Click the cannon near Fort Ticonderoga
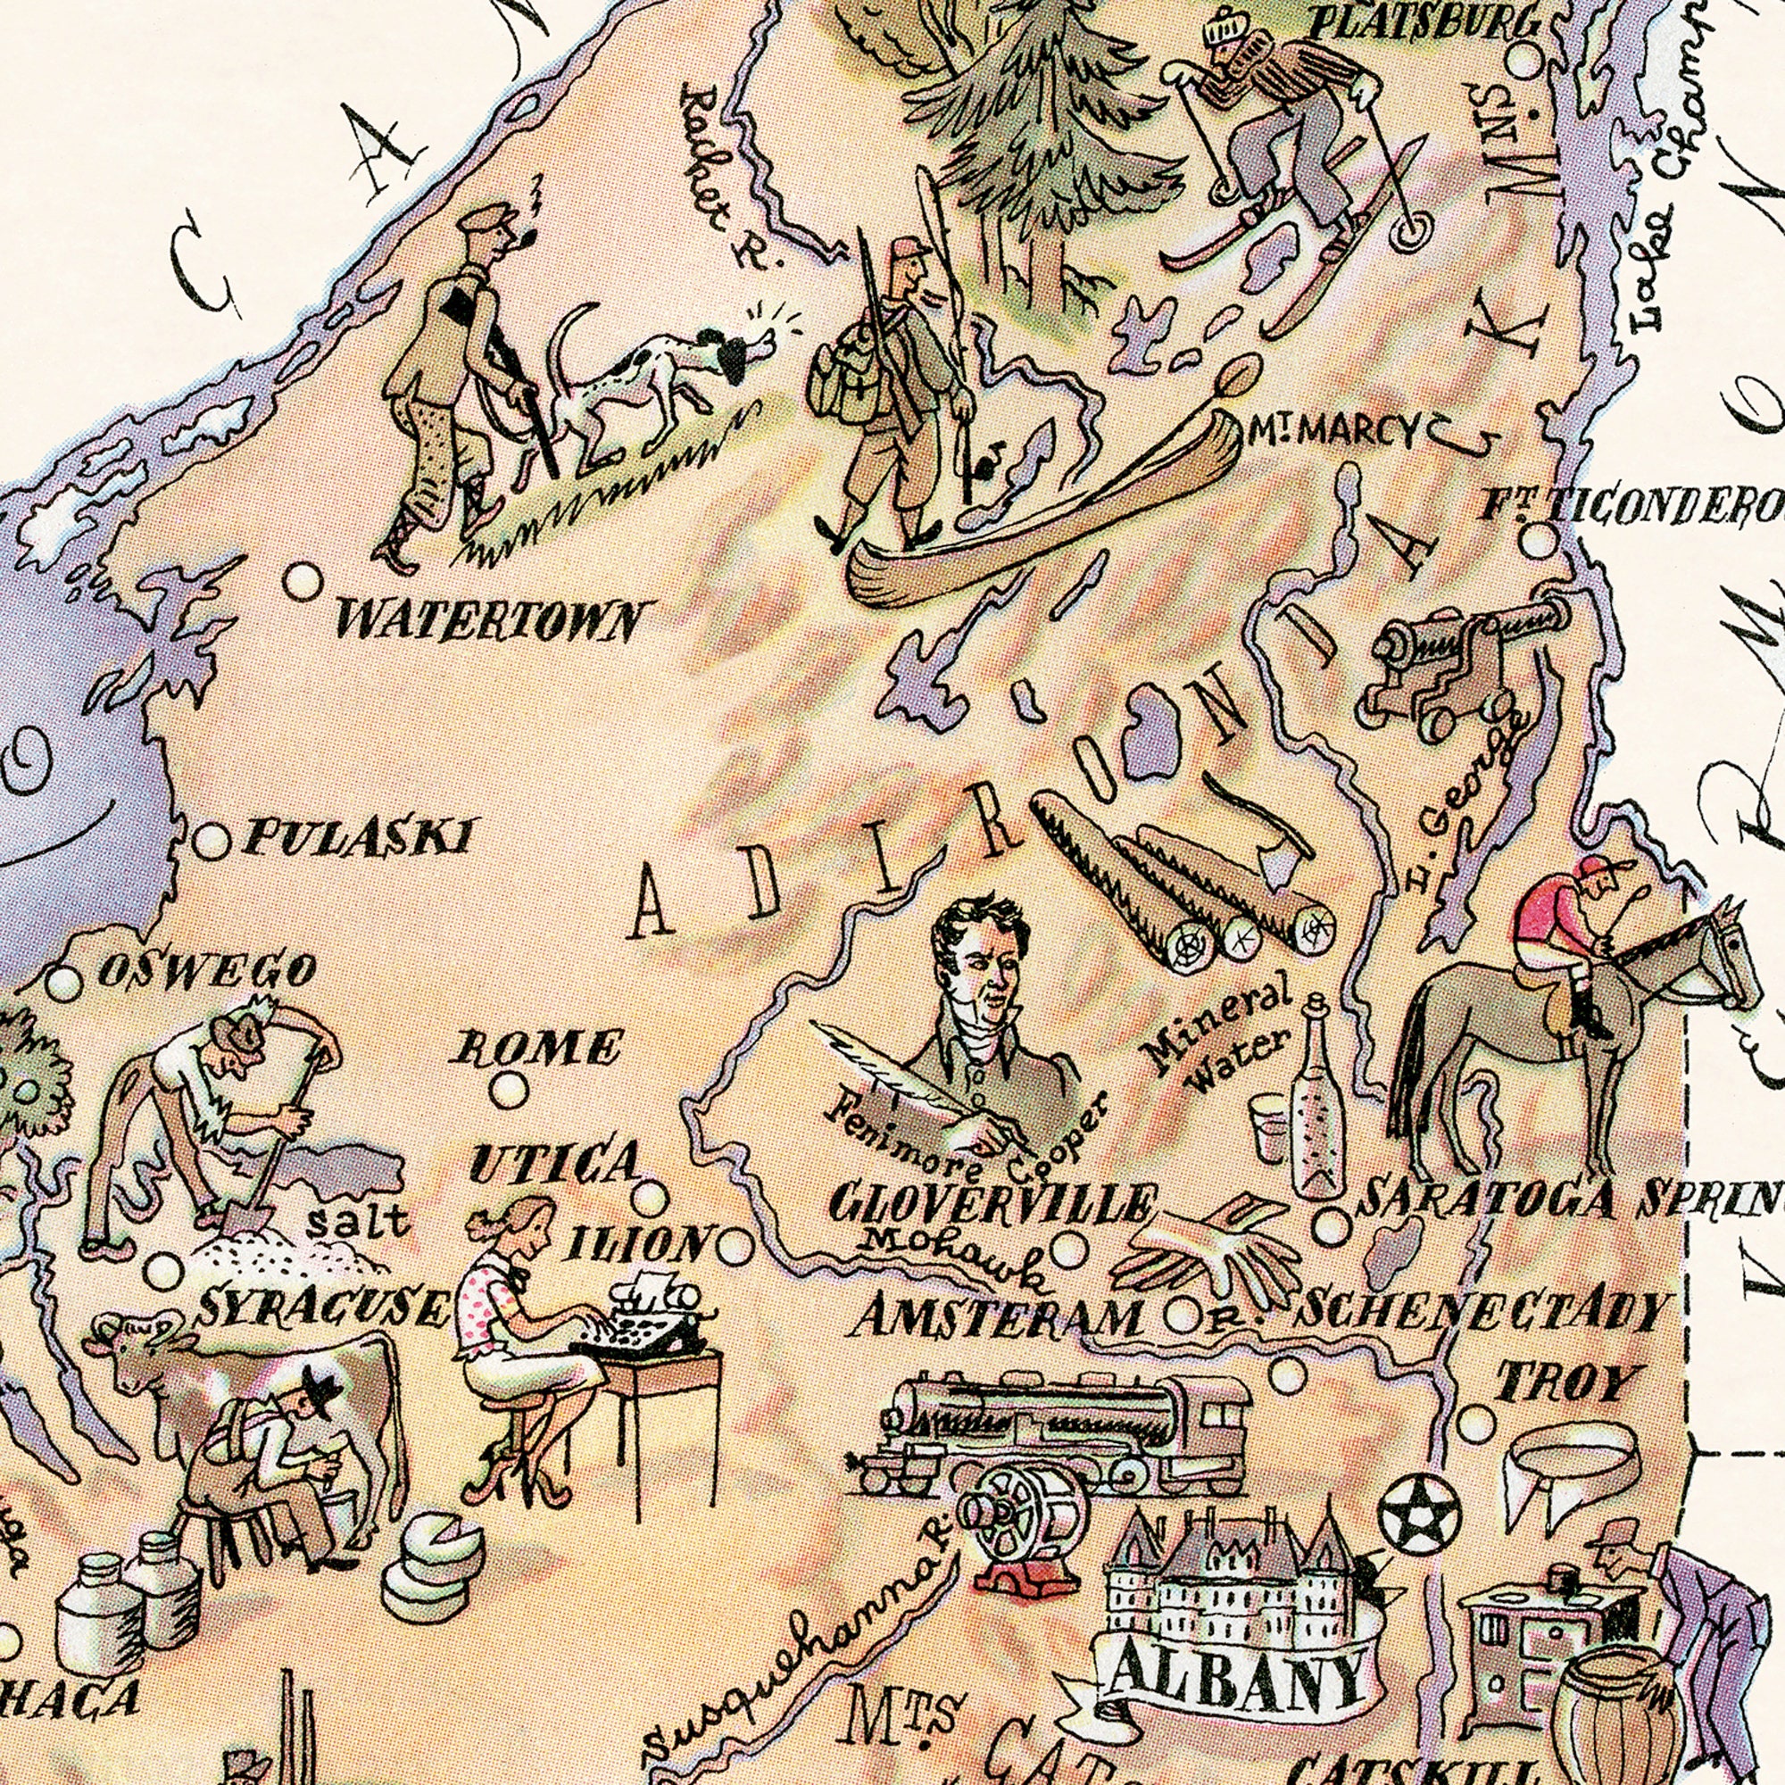click(1460, 663)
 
